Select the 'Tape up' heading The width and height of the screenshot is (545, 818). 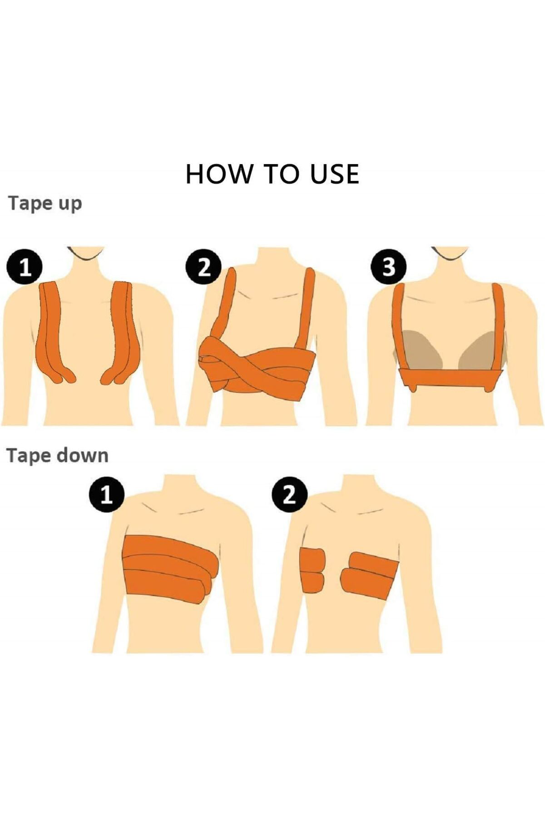pos(45,203)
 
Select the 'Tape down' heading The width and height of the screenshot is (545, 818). pos(57,456)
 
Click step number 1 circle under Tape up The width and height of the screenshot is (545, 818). pos(25,268)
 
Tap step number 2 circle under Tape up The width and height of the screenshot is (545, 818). pos(204,268)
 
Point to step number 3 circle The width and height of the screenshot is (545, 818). pos(388,268)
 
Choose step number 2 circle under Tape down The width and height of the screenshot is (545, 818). pos(289,495)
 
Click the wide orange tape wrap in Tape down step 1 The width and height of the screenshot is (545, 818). pos(168,568)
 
